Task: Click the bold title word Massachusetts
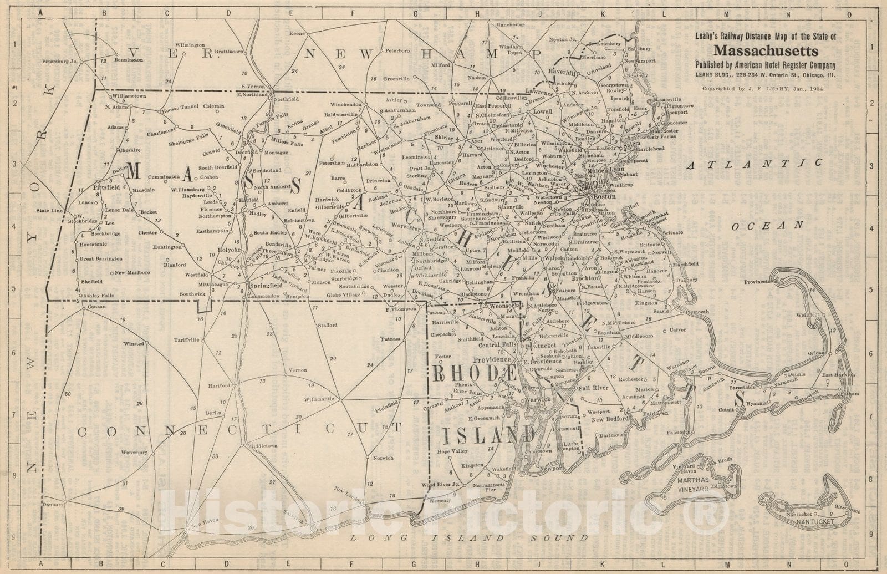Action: click(765, 51)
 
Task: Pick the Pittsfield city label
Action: click(106, 188)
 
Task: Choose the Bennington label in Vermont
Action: click(129, 59)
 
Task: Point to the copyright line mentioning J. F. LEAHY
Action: click(762, 88)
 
